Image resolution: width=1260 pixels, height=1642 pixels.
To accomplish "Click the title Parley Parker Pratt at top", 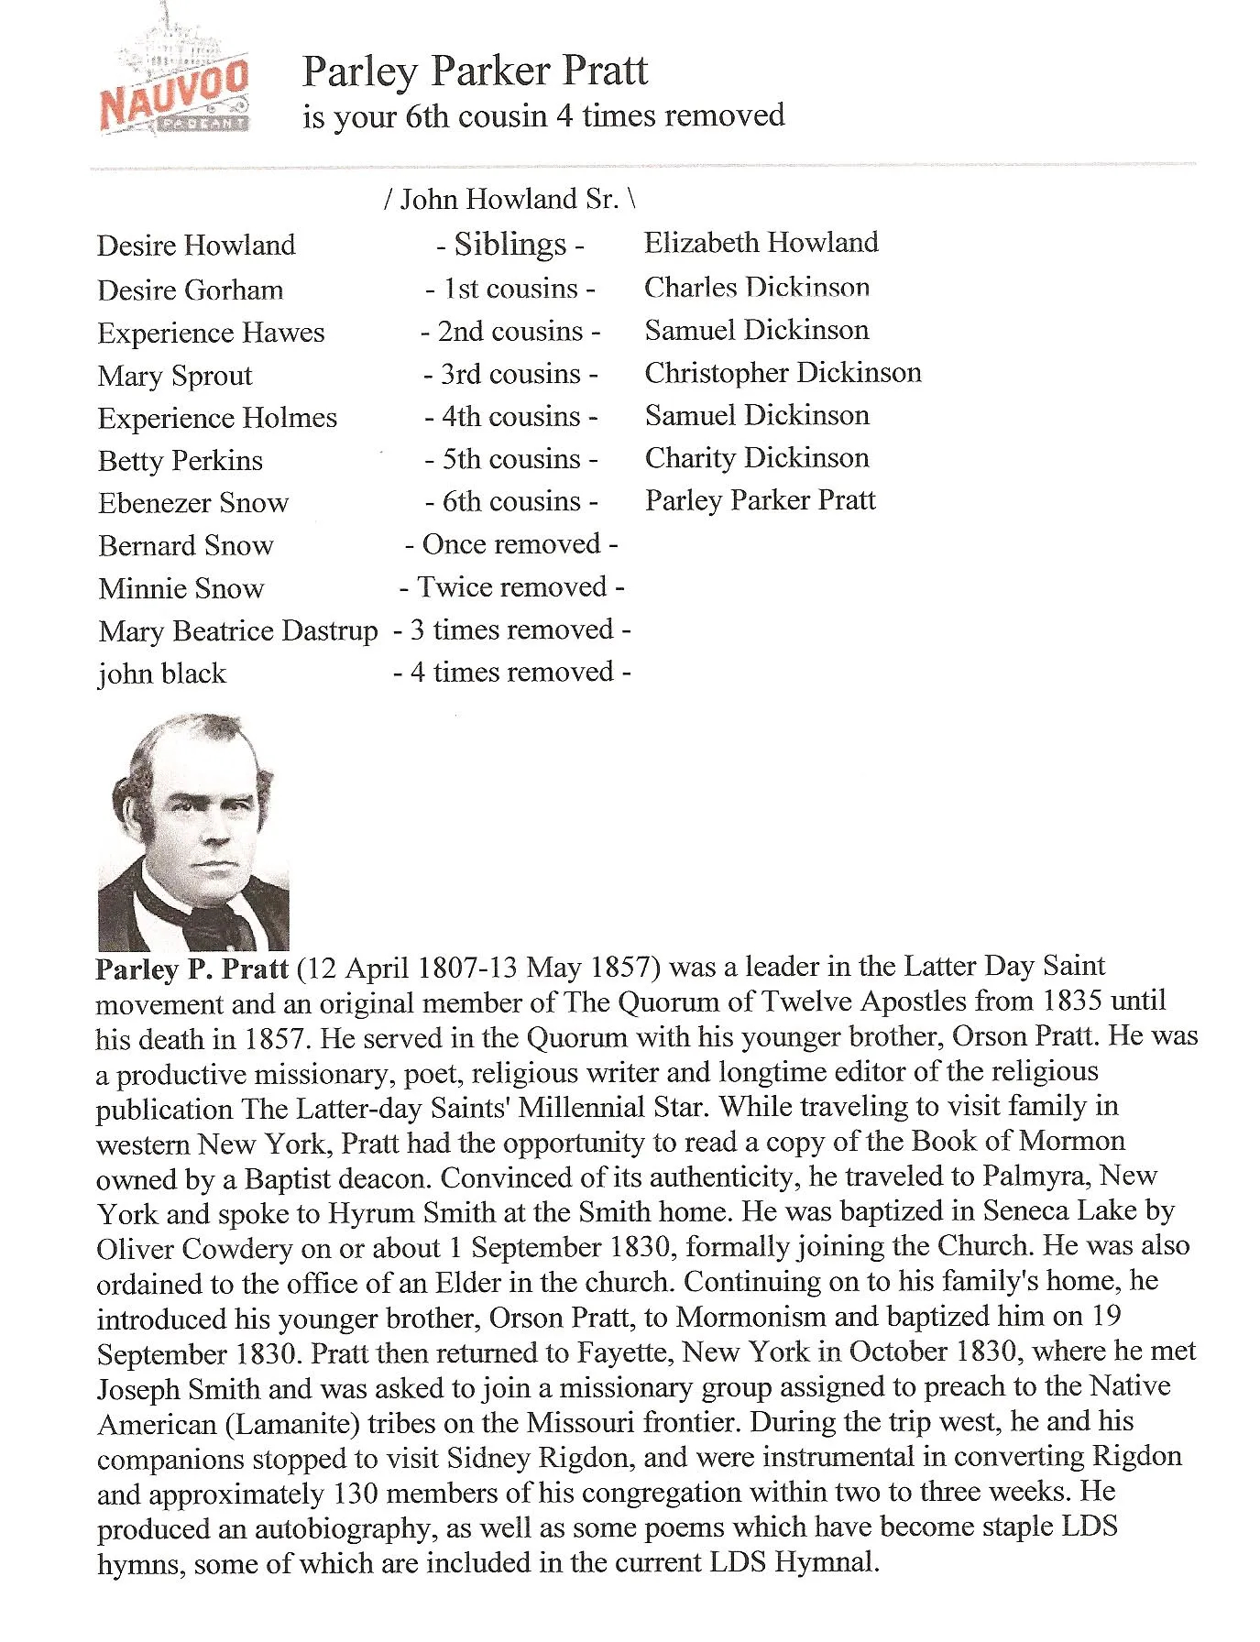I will click(x=475, y=71).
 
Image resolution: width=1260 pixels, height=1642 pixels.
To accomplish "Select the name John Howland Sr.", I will click(x=509, y=199).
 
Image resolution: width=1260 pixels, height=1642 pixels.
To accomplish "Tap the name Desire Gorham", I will click(x=190, y=290).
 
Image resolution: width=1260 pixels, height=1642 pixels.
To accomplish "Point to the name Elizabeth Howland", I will click(x=761, y=243).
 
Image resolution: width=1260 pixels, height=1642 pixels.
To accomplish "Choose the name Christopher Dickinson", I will click(x=783, y=373).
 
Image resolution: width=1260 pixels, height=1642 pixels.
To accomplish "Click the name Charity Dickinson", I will click(x=757, y=458).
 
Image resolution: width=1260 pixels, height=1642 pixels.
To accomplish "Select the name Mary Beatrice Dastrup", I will click(x=237, y=631).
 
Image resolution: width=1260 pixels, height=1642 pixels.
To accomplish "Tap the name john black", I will click(x=161, y=674).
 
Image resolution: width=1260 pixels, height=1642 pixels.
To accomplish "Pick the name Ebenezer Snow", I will click(x=193, y=503).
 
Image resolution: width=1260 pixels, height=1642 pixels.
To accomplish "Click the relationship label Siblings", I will click(x=510, y=245).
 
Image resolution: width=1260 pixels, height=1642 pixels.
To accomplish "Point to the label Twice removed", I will click(x=511, y=587).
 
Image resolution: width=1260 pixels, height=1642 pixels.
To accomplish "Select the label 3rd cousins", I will click(x=510, y=374).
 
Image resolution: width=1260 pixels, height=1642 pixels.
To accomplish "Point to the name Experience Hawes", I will click(x=211, y=334).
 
